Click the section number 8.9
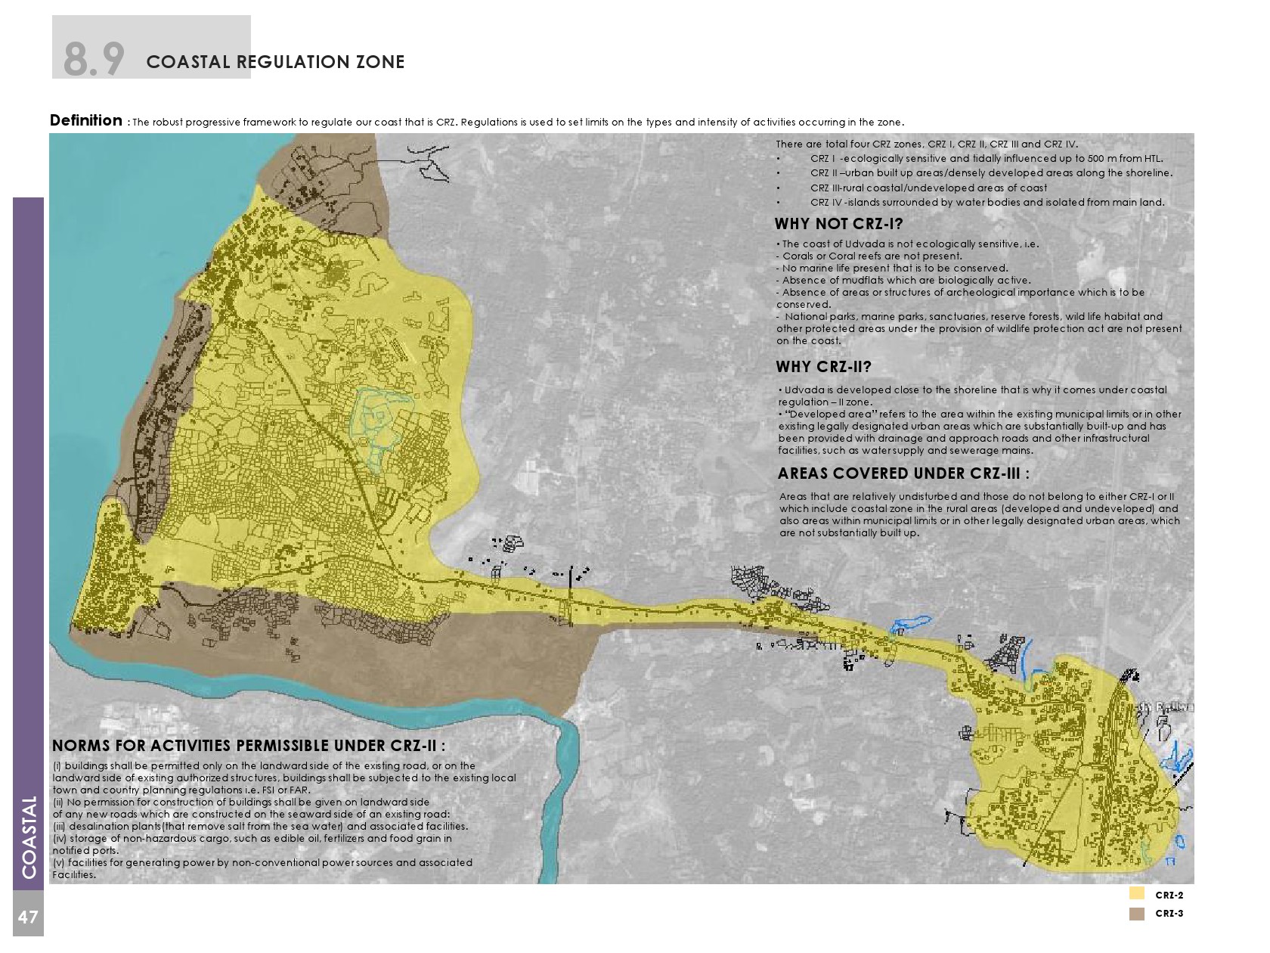point(94,59)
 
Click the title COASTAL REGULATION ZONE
point(275,62)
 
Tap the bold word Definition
point(85,120)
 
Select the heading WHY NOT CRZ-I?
point(838,224)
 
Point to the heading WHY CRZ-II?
point(823,368)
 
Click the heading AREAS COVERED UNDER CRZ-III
point(903,474)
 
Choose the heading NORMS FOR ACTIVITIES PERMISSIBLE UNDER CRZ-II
point(248,747)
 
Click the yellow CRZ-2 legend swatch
point(1136,894)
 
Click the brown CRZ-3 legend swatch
point(1136,914)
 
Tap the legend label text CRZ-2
point(1169,896)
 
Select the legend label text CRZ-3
point(1169,914)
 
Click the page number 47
point(28,917)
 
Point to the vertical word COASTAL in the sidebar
point(29,837)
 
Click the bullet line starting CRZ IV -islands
point(987,203)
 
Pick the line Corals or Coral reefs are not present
point(872,256)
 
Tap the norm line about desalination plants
point(261,827)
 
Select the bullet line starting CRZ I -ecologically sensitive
point(986,159)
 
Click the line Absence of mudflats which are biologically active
point(906,281)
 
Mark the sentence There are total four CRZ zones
point(926,144)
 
